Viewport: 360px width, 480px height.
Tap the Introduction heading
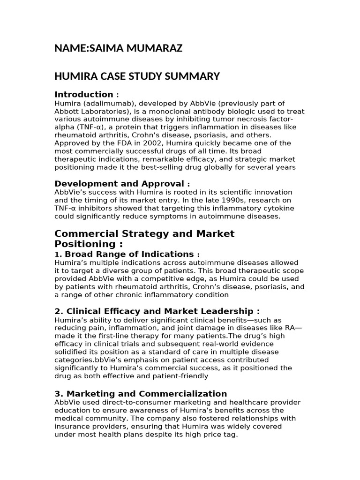[x=84, y=94]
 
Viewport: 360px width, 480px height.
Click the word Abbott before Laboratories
[x=67, y=111]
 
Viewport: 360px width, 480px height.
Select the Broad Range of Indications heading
[x=129, y=254]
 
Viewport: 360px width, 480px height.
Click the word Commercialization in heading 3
[x=185, y=394]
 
